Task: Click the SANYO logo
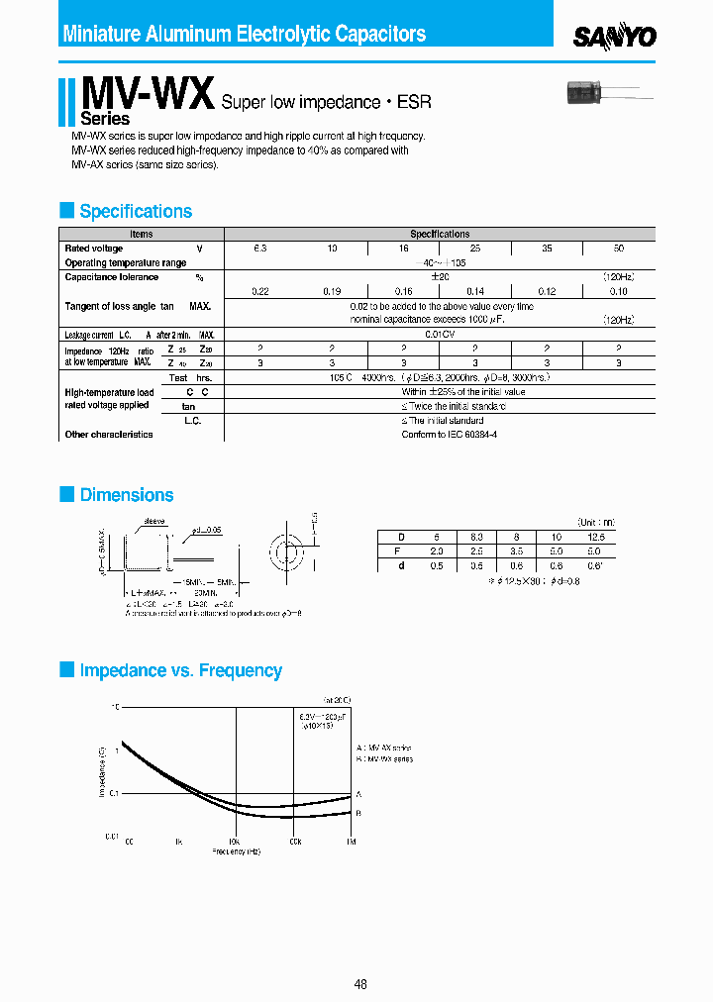[x=615, y=37]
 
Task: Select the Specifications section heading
[x=136, y=211]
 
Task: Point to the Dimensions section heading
[x=127, y=495]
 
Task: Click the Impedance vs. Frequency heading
[x=180, y=670]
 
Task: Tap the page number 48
[x=360, y=984]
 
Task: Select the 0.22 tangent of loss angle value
[x=260, y=291]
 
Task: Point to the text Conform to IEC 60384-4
[x=449, y=435]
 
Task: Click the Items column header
[x=142, y=235]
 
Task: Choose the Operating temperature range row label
[x=126, y=263]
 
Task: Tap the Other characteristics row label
[x=109, y=435]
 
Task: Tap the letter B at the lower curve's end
[x=358, y=812]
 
